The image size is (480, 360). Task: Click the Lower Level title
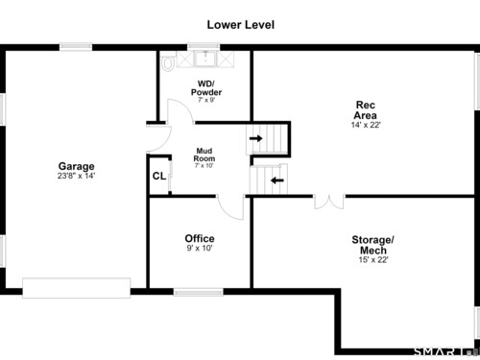pyautogui.click(x=241, y=25)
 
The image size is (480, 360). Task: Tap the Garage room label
pyautogui.click(x=77, y=166)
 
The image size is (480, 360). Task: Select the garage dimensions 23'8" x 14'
pyautogui.click(x=77, y=176)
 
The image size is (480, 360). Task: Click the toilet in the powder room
pyautogui.click(x=168, y=62)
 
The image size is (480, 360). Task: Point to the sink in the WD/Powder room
pyautogui.click(x=205, y=59)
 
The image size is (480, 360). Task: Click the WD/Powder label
pyautogui.click(x=206, y=88)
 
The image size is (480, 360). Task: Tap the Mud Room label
pyautogui.click(x=204, y=155)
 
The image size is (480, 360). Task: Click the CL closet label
pyautogui.click(x=159, y=176)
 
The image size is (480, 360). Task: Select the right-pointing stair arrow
pyautogui.click(x=256, y=138)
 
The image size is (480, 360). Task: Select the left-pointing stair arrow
pyautogui.click(x=277, y=180)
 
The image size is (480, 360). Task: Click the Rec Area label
pyautogui.click(x=366, y=110)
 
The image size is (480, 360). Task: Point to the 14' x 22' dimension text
pyautogui.click(x=366, y=125)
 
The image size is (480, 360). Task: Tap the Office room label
pyautogui.click(x=200, y=238)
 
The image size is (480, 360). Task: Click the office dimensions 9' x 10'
pyautogui.click(x=200, y=248)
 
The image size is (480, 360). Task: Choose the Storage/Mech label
pyautogui.click(x=373, y=245)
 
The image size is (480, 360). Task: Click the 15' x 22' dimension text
pyautogui.click(x=373, y=260)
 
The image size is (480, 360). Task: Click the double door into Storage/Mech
pyautogui.click(x=329, y=202)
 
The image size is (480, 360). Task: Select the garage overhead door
pyautogui.click(x=77, y=288)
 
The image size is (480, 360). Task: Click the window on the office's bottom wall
pyautogui.click(x=199, y=292)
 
